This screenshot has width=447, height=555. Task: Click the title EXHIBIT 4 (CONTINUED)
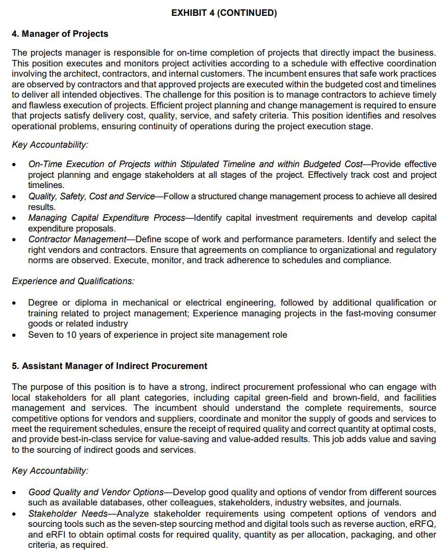[x=224, y=13]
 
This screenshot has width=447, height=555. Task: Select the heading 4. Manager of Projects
[x=60, y=34]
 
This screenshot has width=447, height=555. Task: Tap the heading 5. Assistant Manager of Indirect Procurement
[x=109, y=366]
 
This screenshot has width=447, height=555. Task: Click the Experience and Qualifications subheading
[x=73, y=282]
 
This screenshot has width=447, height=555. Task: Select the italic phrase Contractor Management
[x=77, y=239]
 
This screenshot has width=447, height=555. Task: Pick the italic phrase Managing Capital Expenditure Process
[x=106, y=218]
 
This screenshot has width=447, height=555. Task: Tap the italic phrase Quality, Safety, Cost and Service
[x=91, y=196]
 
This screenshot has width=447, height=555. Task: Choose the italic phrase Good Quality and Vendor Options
[x=95, y=492]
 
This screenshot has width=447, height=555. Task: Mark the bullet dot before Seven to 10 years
[x=16, y=336]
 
